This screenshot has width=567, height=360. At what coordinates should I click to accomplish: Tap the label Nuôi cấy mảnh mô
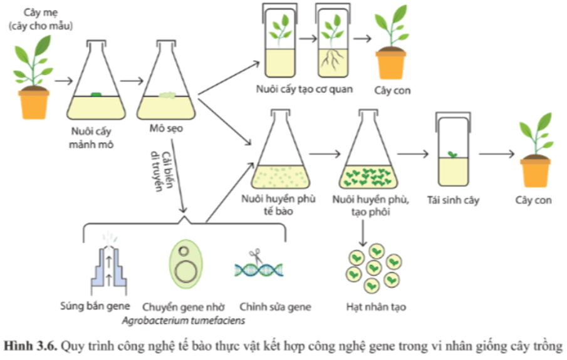96,139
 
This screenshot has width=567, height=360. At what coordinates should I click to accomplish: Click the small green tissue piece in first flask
96,95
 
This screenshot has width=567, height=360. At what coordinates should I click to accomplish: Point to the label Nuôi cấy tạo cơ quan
304,89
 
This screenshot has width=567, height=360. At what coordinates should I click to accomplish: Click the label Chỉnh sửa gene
275,307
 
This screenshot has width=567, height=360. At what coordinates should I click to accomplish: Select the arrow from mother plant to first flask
63,81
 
